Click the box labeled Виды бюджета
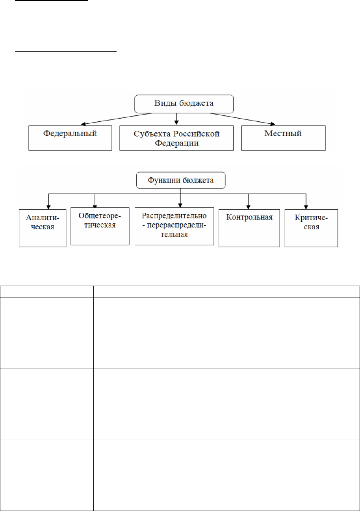(x=184, y=104)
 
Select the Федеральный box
(x=70, y=138)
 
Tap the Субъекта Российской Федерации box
(x=176, y=138)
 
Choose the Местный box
(x=283, y=138)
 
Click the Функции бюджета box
(x=181, y=180)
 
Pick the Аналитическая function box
(x=43, y=228)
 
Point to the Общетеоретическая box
(x=100, y=226)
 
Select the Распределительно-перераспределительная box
(x=174, y=226)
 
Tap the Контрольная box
(x=249, y=228)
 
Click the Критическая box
(x=311, y=228)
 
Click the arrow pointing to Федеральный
(x=117, y=119)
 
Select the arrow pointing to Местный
(x=242, y=119)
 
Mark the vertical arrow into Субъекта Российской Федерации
(x=176, y=119)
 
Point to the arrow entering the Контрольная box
(x=248, y=201)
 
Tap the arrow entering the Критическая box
(x=306, y=201)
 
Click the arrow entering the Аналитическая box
(x=48, y=201)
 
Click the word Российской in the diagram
(x=196, y=134)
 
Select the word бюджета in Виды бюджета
(x=196, y=103)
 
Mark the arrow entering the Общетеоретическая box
(x=95, y=201)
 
